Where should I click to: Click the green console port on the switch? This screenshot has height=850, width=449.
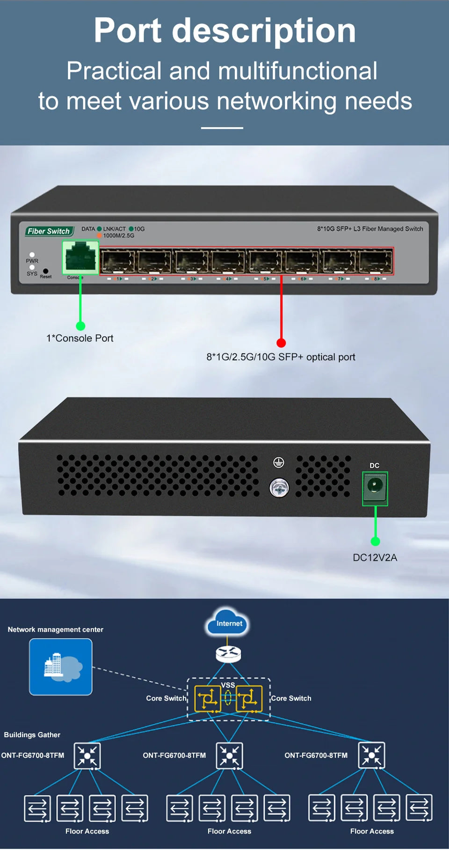[x=80, y=257]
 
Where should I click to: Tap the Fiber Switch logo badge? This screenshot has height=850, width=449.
[x=49, y=231]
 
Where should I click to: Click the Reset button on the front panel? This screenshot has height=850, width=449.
[x=45, y=271]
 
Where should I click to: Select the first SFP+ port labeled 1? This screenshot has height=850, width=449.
[x=117, y=261]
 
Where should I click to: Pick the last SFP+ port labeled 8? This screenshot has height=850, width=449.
[x=375, y=261]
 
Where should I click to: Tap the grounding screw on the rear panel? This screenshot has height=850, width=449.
[x=279, y=489]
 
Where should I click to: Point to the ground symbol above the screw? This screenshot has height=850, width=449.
[x=279, y=462]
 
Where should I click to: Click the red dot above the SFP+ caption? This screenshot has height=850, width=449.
[x=281, y=343]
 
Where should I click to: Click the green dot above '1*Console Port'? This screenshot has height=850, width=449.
[x=80, y=326]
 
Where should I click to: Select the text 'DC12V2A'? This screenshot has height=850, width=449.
[x=375, y=557]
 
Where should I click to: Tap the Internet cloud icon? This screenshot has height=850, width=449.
[x=229, y=623]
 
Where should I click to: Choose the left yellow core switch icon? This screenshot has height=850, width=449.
[x=207, y=699]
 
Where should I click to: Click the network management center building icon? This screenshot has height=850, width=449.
[x=61, y=667]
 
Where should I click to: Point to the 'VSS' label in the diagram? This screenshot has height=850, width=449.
[x=228, y=685]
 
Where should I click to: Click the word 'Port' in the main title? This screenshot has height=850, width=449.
[x=128, y=30]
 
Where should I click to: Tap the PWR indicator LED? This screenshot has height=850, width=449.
[x=32, y=255]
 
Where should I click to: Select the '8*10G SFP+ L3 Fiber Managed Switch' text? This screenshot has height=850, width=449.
[x=370, y=229]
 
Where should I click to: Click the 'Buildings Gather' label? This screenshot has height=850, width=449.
[x=32, y=735]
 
